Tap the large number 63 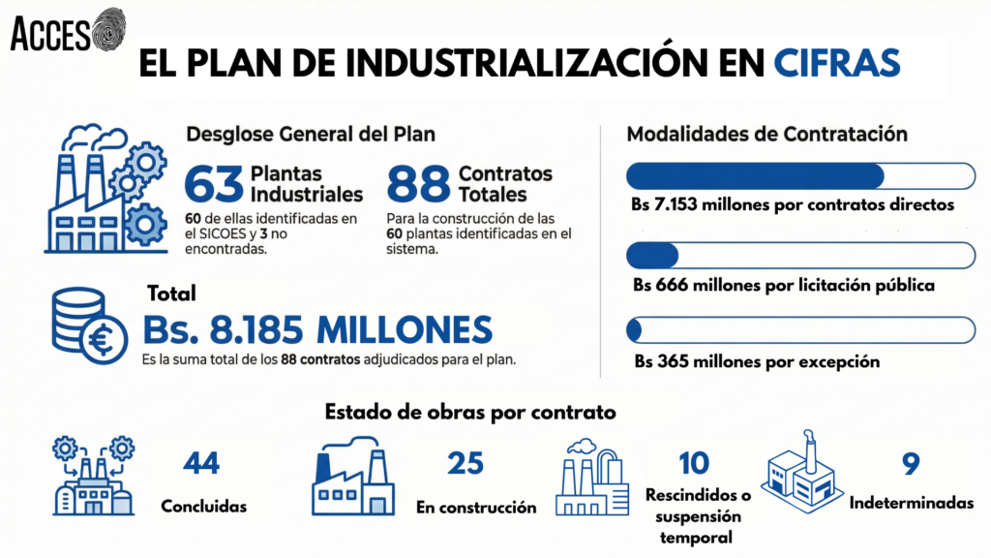click(213, 183)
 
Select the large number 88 click(418, 183)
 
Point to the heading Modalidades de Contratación click(766, 134)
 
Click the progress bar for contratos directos click(800, 176)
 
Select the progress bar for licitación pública click(800, 256)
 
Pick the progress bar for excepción click(800, 330)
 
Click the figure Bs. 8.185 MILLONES click(317, 329)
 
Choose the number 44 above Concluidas click(201, 464)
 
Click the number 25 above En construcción click(465, 464)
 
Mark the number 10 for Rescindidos click(694, 462)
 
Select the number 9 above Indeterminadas click(910, 464)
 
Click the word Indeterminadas click(911, 503)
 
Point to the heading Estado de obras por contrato click(470, 413)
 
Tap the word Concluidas click(203, 506)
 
